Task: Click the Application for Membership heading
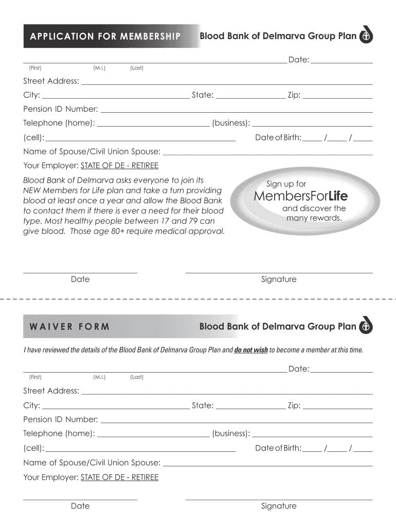click(105, 36)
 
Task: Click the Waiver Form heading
click(69, 326)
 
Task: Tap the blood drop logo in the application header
click(365, 36)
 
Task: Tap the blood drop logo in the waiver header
click(365, 326)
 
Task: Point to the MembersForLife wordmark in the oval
click(301, 196)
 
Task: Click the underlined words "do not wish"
click(251, 350)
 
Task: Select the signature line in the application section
click(279, 272)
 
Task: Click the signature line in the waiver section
click(279, 498)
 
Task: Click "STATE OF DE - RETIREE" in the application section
click(119, 166)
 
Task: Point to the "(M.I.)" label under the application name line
click(99, 68)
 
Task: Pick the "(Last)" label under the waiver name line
click(136, 377)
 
